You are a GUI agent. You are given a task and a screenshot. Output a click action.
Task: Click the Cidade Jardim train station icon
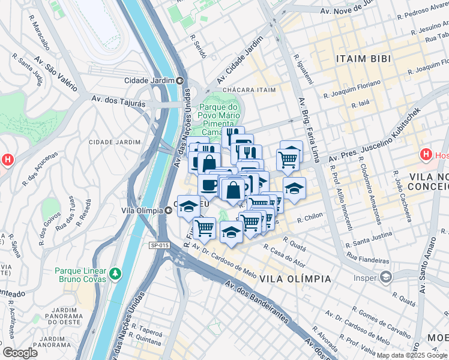point(180,80)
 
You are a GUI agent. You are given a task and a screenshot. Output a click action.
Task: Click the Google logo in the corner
point(20,353)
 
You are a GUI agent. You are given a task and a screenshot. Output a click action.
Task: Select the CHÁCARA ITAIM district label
point(249,90)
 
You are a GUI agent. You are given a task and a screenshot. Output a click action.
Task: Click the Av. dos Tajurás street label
point(118,101)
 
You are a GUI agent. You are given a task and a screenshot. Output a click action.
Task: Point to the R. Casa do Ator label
point(284,257)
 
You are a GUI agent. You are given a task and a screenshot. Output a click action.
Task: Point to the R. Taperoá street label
point(147,329)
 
